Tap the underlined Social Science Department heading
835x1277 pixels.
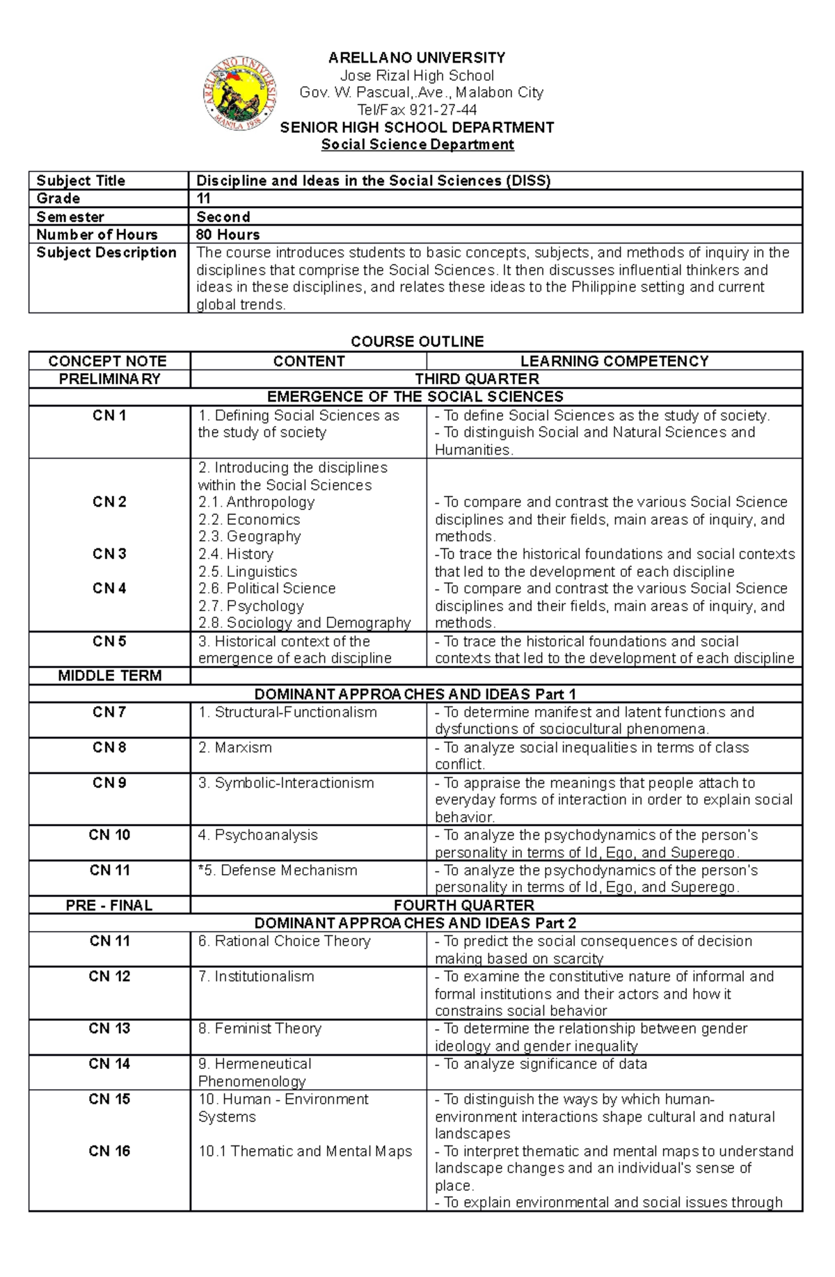click(x=417, y=145)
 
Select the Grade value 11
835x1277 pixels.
click(x=204, y=198)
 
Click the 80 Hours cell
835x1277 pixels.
click(x=228, y=235)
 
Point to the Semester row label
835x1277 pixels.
click(x=70, y=216)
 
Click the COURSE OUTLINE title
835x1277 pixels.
click(x=417, y=341)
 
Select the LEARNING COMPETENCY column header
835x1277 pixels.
click(x=614, y=361)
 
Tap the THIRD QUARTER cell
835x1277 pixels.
click(x=477, y=379)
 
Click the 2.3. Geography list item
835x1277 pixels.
click(x=249, y=537)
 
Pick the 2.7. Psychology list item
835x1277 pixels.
click(x=250, y=606)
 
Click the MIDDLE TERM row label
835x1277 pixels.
click(x=109, y=676)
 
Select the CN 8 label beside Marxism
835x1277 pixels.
click(x=109, y=747)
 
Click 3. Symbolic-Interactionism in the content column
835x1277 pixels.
click(x=286, y=783)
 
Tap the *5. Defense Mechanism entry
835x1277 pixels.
click(x=278, y=871)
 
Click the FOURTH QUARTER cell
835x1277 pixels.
click(x=463, y=905)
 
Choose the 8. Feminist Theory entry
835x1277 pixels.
click(x=260, y=1029)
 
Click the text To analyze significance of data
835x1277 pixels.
click(x=541, y=1064)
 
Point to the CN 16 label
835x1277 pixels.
click(x=109, y=1151)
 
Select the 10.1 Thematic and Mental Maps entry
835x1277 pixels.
click(x=305, y=1151)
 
